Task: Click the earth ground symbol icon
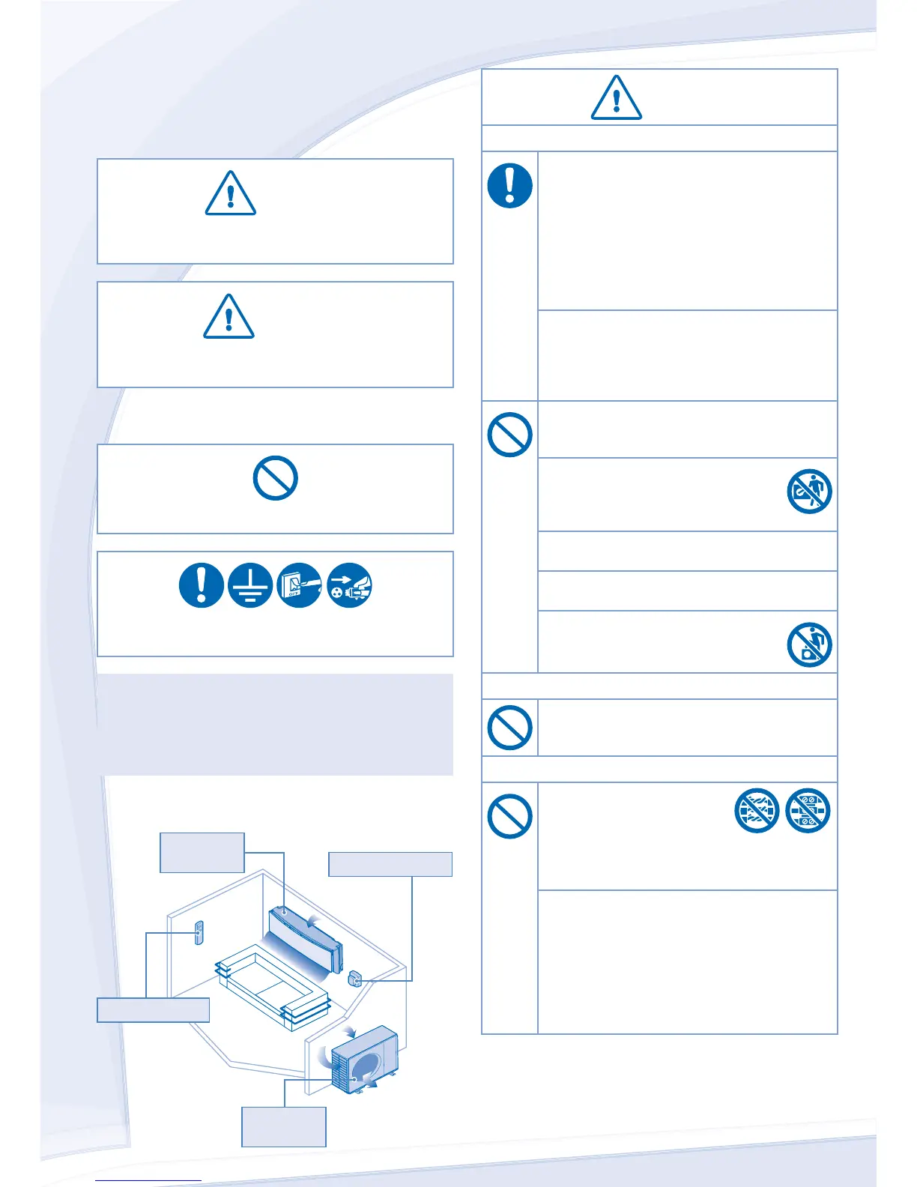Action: click(250, 585)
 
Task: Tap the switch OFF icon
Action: click(300, 585)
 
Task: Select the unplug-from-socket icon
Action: click(349, 585)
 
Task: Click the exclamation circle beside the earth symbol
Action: click(201, 585)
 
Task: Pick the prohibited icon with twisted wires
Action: click(757, 810)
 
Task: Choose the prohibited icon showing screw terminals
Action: click(808, 810)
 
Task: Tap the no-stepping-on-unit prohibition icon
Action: click(809, 644)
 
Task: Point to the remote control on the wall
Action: click(199, 933)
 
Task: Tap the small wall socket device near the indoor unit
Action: click(354, 978)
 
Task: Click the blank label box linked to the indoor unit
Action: click(202, 852)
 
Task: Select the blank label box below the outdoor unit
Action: click(283, 1126)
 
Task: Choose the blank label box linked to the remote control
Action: click(153, 1009)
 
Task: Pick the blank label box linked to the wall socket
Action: click(390, 864)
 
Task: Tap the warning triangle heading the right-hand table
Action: click(616, 98)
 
